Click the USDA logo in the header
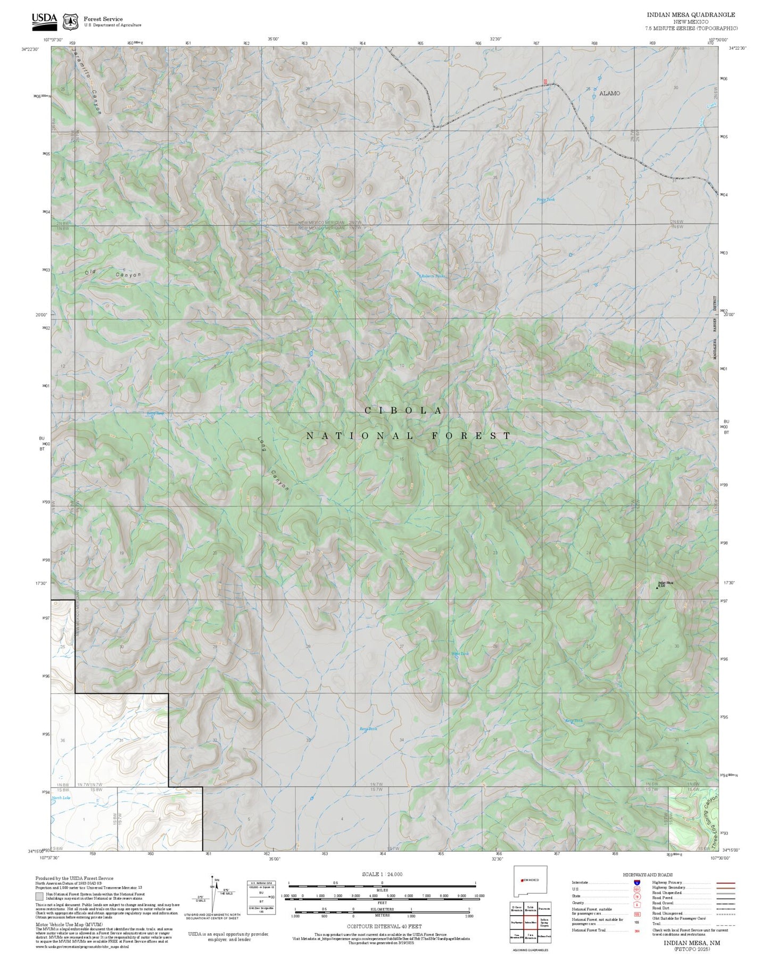[44, 20]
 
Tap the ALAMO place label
[609, 93]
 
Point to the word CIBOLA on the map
[403, 410]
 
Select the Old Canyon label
[113, 274]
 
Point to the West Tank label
[460, 654]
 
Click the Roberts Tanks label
[433, 276]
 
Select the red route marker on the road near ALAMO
[545, 81]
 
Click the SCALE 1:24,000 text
[382, 874]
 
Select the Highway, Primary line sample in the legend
[725, 883]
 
